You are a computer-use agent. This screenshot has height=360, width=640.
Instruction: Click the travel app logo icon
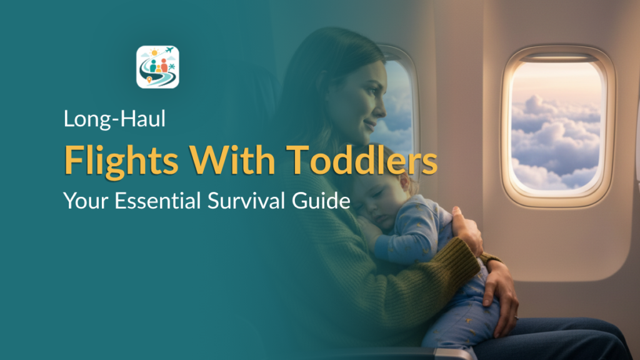click(157, 67)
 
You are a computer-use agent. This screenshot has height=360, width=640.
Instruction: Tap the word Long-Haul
click(114, 119)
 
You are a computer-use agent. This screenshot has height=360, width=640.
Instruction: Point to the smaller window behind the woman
click(399, 100)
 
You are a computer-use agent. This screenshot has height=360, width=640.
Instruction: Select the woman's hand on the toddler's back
click(466, 229)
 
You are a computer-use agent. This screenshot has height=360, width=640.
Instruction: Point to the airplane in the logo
click(167, 51)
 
